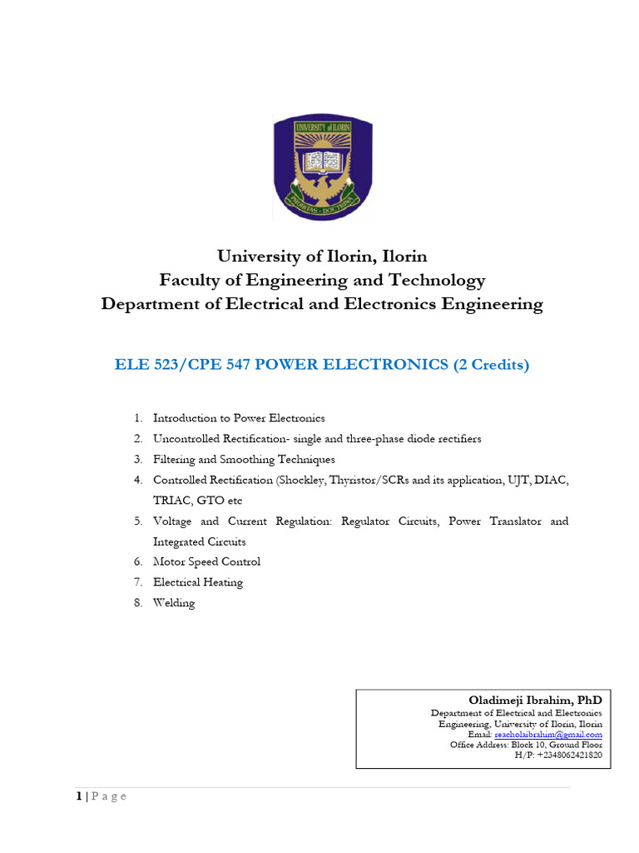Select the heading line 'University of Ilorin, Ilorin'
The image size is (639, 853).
(x=321, y=256)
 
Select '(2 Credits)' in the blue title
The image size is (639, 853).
(x=491, y=365)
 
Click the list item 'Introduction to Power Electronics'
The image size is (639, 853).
(x=239, y=418)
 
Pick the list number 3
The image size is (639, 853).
(x=137, y=460)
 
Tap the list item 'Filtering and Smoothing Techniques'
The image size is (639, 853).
(x=244, y=460)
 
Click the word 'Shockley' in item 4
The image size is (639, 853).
(x=302, y=481)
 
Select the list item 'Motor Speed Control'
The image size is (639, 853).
(x=206, y=562)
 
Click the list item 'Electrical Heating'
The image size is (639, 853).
(x=198, y=582)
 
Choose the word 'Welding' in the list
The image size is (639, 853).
(x=174, y=603)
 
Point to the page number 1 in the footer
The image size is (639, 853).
(x=79, y=796)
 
